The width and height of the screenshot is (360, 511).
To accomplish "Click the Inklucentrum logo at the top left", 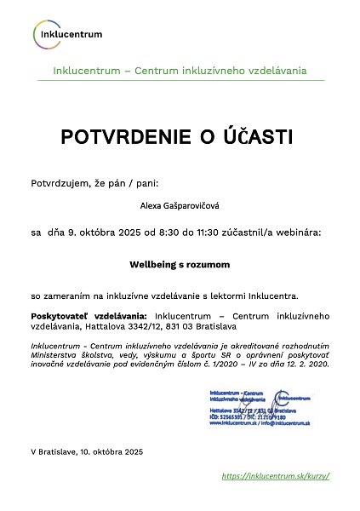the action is tap(68, 34).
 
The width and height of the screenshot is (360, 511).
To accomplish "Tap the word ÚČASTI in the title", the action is tap(256, 137).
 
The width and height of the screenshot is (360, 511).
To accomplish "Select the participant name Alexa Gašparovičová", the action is tap(180, 205).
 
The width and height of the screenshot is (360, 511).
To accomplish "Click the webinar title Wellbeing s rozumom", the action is tap(180, 265).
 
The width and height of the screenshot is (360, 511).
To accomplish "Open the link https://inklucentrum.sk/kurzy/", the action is tap(275, 476).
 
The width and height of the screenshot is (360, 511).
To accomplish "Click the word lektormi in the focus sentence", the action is tap(236, 296).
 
